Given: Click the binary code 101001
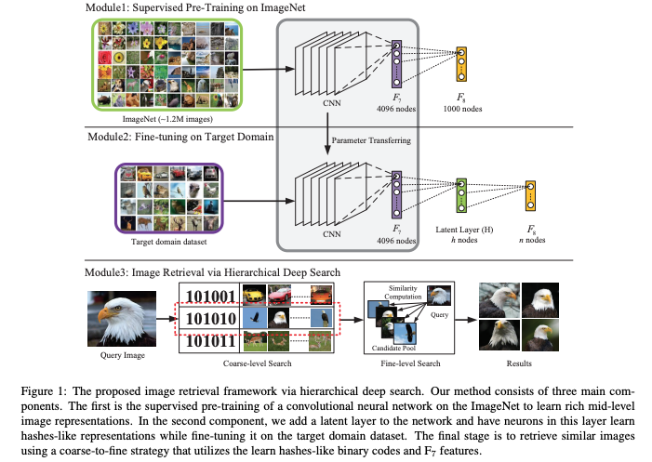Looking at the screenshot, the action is [210, 297].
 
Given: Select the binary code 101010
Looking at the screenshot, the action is [211, 319].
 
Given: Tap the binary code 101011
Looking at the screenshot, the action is [211, 341].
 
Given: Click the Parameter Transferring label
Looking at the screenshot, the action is [371, 140].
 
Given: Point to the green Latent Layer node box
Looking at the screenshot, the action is [461, 196].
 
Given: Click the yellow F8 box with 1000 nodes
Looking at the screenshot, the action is [461, 64].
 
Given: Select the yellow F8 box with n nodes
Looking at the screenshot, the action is [530, 196].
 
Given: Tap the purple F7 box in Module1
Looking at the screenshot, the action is [397, 64].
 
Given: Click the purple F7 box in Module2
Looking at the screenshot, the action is [397, 194].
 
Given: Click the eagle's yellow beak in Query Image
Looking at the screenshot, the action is [105, 315].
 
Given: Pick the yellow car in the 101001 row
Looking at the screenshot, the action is [254, 295].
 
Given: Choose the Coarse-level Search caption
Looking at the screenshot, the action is [258, 363].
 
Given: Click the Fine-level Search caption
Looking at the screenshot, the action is [410, 363].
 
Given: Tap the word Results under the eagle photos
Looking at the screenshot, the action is [519, 363].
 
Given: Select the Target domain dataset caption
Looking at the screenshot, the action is [169, 242].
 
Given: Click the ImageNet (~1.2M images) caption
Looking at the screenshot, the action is [167, 119].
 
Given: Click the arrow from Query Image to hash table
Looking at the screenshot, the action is [167, 319].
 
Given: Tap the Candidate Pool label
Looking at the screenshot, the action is [393, 349].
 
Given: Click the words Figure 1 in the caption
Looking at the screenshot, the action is [44, 391].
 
